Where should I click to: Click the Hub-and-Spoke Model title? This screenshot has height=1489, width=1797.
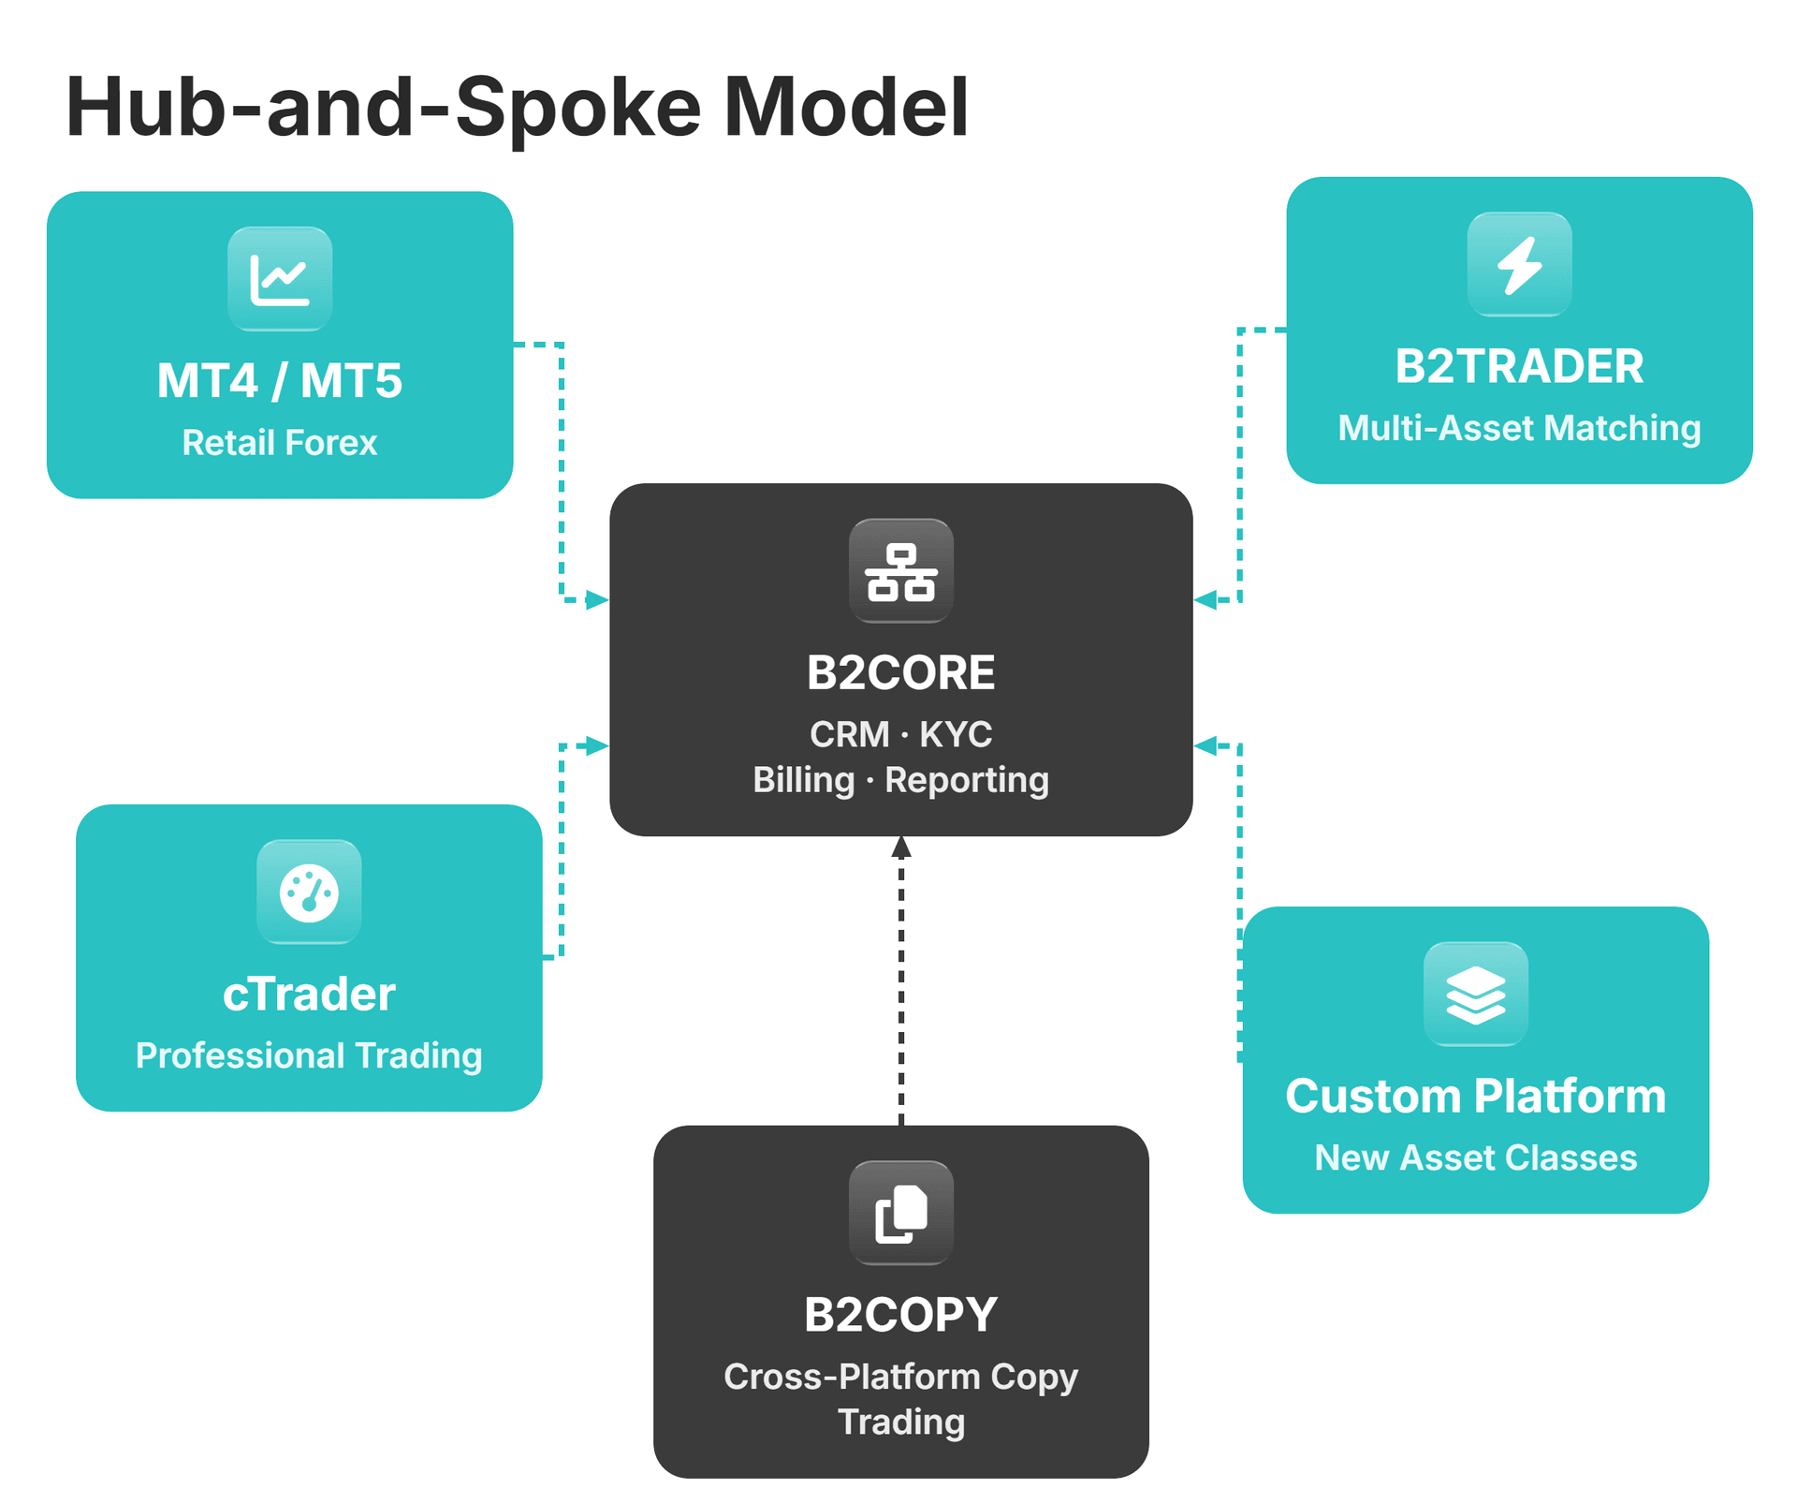point(517,108)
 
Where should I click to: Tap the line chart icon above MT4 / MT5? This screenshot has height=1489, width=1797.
point(280,279)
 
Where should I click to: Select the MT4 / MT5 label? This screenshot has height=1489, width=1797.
point(280,381)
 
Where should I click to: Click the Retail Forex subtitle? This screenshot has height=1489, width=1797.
point(280,443)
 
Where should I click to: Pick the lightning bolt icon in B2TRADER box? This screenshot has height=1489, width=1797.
point(1519,265)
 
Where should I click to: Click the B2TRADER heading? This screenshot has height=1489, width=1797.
point(1519,366)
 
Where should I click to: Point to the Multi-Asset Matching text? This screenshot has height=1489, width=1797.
point(1519,428)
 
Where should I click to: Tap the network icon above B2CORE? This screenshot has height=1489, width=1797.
point(900,571)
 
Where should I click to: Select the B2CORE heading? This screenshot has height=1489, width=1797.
point(900,672)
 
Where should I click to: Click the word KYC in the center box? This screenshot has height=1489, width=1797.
point(956,735)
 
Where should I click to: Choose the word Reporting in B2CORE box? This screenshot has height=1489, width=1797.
point(967,780)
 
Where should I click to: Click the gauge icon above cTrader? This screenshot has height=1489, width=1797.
point(309,892)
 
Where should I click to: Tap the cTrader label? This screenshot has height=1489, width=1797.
point(309,995)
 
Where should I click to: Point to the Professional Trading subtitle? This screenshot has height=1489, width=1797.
point(309,1056)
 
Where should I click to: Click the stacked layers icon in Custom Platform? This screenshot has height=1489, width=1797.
point(1475,995)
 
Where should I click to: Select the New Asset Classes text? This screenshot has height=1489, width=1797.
point(1475,1158)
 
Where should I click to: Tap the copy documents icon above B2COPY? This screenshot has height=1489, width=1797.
point(900,1214)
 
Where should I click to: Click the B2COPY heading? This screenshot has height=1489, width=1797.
point(900,1315)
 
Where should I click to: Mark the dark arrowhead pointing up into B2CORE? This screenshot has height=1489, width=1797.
point(900,848)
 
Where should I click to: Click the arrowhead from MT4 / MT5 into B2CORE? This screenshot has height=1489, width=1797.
point(597,600)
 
